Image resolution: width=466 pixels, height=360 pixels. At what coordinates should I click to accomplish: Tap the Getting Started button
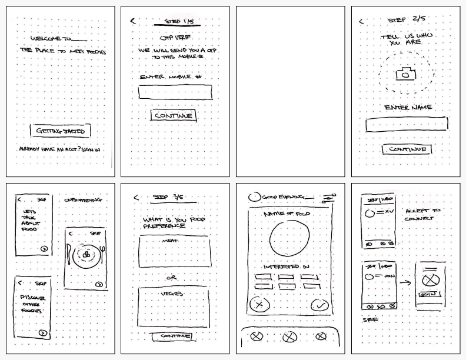click(61, 131)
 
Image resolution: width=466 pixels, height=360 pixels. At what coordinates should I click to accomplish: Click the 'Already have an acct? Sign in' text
click(59, 150)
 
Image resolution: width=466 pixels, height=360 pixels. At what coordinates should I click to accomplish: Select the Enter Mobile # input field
click(175, 92)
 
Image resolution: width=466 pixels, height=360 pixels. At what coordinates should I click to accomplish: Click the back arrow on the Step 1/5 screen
click(133, 21)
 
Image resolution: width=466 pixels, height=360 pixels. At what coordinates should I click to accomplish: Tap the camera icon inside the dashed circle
click(405, 74)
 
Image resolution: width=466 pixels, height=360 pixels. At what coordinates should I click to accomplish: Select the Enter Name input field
click(406, 124)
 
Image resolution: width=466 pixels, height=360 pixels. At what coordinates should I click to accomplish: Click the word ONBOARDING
click(83, 200)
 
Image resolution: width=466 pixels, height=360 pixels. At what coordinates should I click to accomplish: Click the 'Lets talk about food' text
click(29, 220)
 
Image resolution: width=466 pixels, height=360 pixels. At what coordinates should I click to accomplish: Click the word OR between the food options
click(172, 278)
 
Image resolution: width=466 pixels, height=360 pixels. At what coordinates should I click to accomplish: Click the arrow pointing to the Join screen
click(405, 283)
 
